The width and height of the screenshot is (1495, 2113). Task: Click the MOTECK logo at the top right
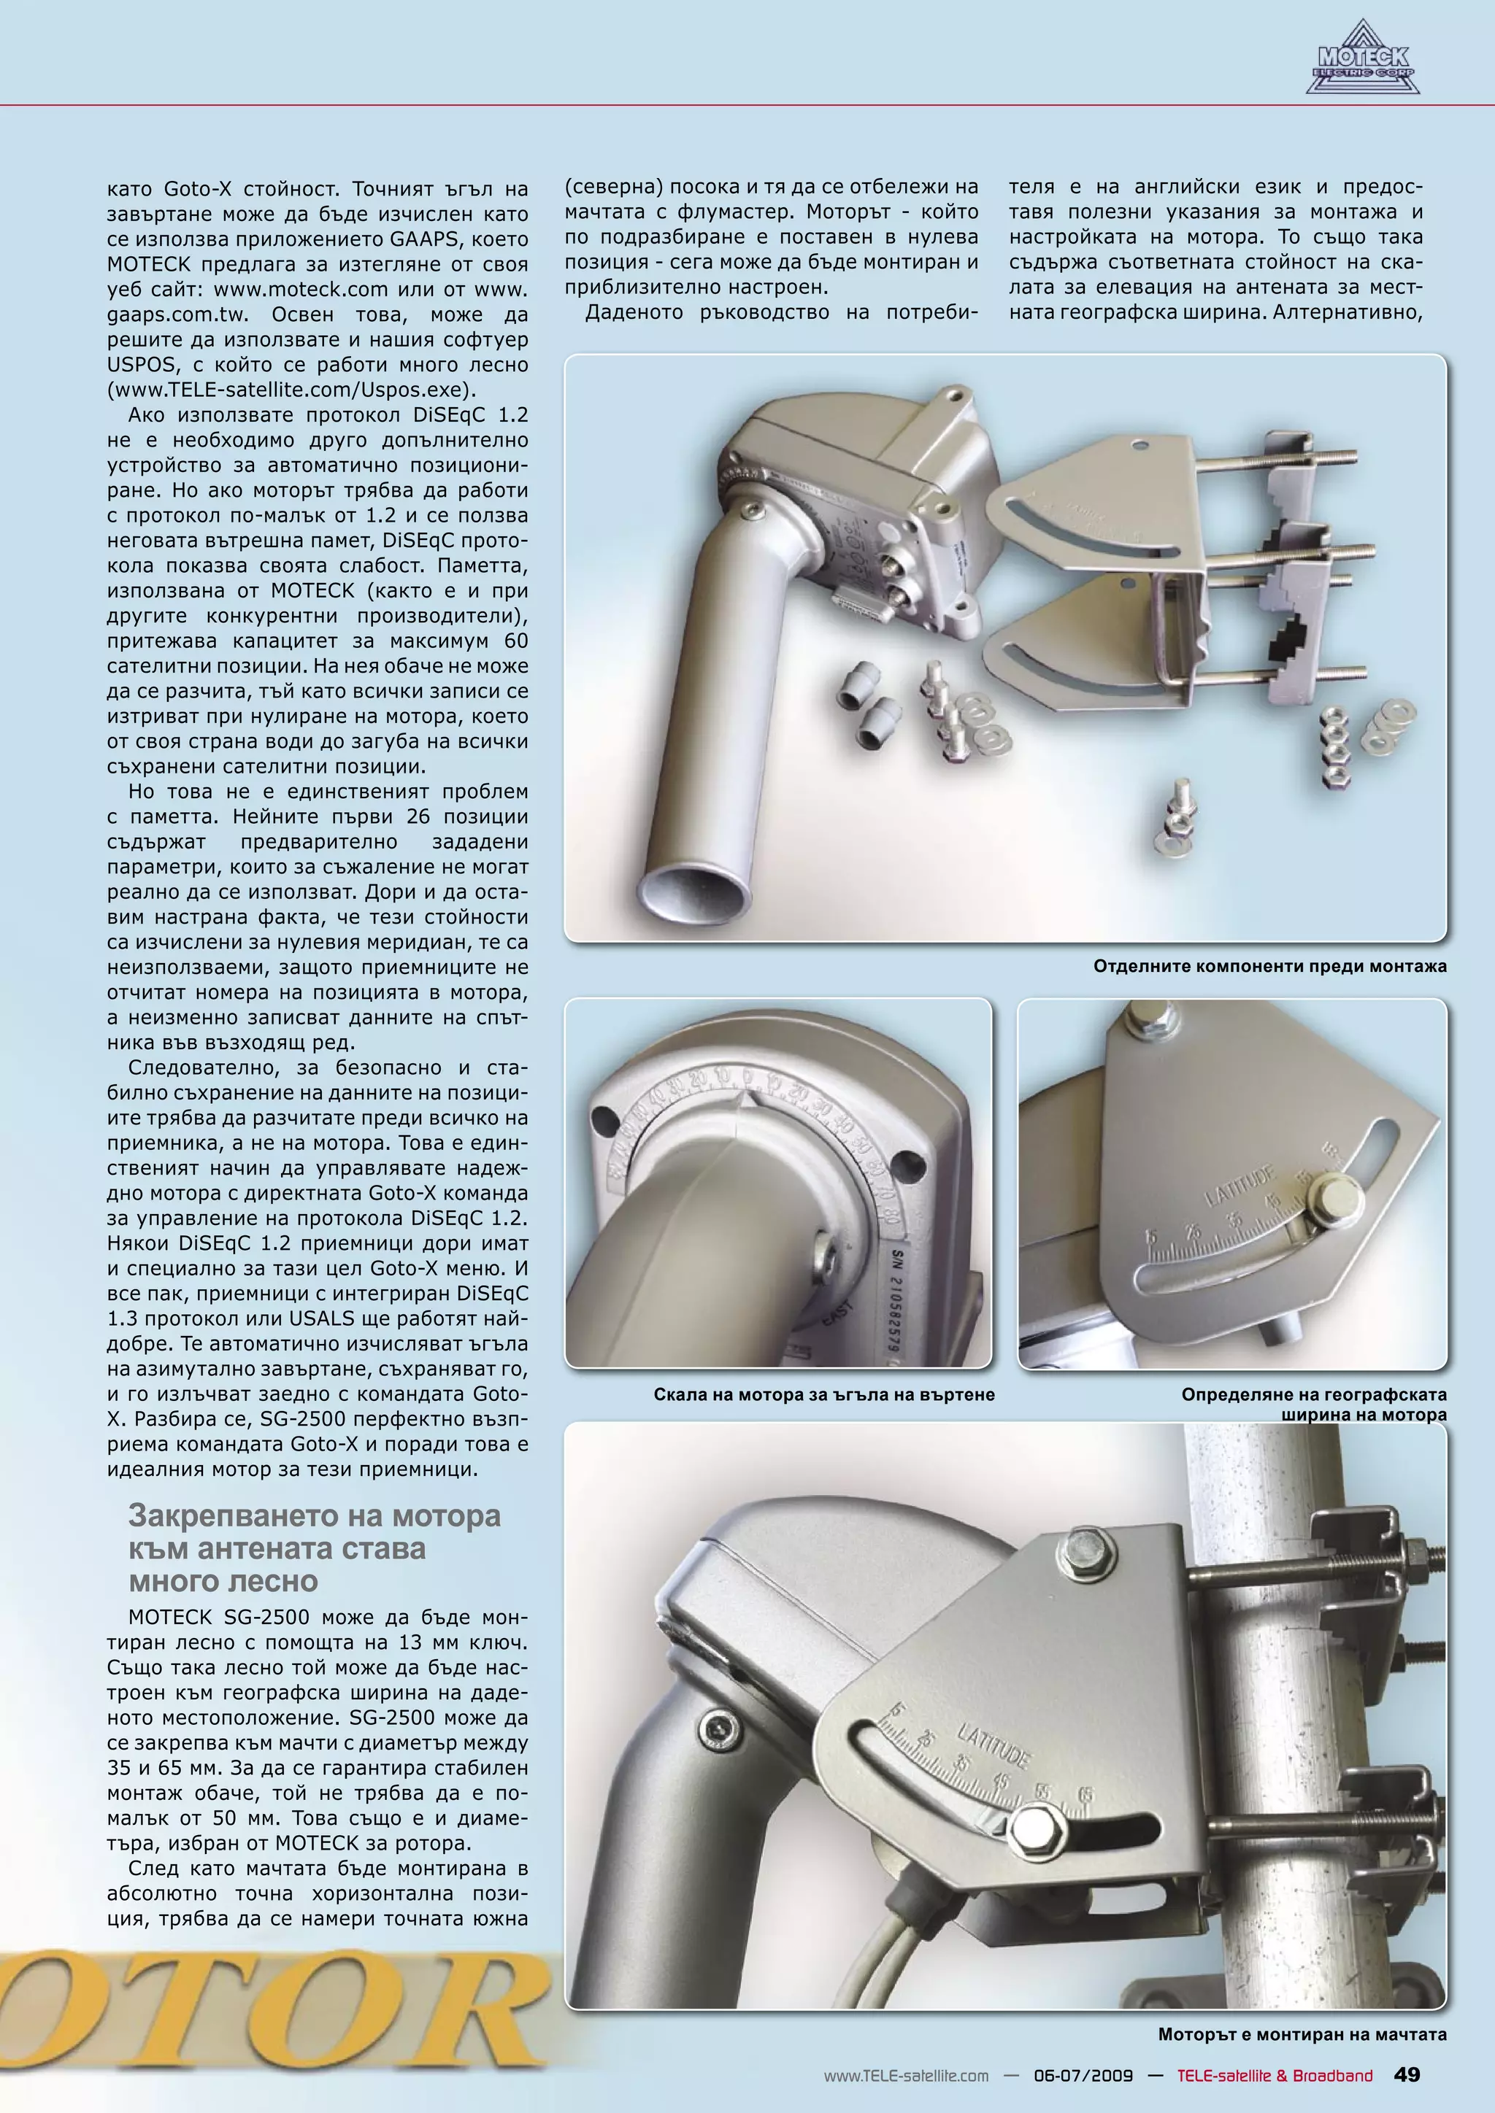[1362, 61]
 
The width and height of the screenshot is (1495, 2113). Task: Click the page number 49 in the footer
[1407, 2074]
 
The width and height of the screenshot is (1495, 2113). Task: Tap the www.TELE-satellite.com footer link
[906, 2075]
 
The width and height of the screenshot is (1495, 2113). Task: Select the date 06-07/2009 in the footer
[1083, 2075]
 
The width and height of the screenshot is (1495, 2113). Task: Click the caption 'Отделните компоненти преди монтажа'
[1269, 966]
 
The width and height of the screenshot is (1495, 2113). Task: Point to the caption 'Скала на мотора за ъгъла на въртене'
[824, 1394]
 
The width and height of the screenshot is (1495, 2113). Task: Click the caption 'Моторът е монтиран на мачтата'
[1302, 2035]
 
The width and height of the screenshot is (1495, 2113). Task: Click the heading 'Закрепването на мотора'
[314, 1515]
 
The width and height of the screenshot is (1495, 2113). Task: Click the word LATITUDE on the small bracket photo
[1241, 1186]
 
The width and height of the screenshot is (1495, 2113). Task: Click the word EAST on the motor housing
[839, 1314]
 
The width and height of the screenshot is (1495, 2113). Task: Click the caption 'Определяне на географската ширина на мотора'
[1314, 1405]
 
